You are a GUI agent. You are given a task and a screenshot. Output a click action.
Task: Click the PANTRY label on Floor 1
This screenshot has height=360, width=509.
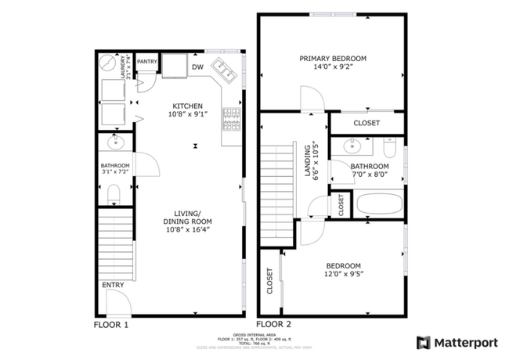coord(147,62)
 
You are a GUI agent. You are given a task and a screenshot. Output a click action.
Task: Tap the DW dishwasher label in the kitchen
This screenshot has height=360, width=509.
coord(197,67)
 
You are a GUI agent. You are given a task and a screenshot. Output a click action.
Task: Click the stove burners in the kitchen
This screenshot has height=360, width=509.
coord(232,118)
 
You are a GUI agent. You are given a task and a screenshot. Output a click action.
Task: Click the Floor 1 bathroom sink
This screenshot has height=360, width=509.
coord(116,143)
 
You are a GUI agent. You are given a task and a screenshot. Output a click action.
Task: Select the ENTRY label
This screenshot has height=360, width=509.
coord(112,285)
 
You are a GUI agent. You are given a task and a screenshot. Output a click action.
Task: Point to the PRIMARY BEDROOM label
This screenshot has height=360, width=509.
coord(333,59)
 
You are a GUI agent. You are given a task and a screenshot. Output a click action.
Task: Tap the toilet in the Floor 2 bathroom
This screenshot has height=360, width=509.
coord(391,146)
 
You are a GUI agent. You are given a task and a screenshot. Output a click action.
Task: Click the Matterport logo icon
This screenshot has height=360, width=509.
coord(424,342)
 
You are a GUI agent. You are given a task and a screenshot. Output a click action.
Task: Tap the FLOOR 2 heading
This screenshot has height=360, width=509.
coord(275,323)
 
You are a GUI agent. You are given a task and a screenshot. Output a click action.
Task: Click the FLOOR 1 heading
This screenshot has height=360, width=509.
coord(111,323)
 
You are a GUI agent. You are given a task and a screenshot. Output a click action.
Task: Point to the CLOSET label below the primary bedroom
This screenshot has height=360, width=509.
coord(366,124)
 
